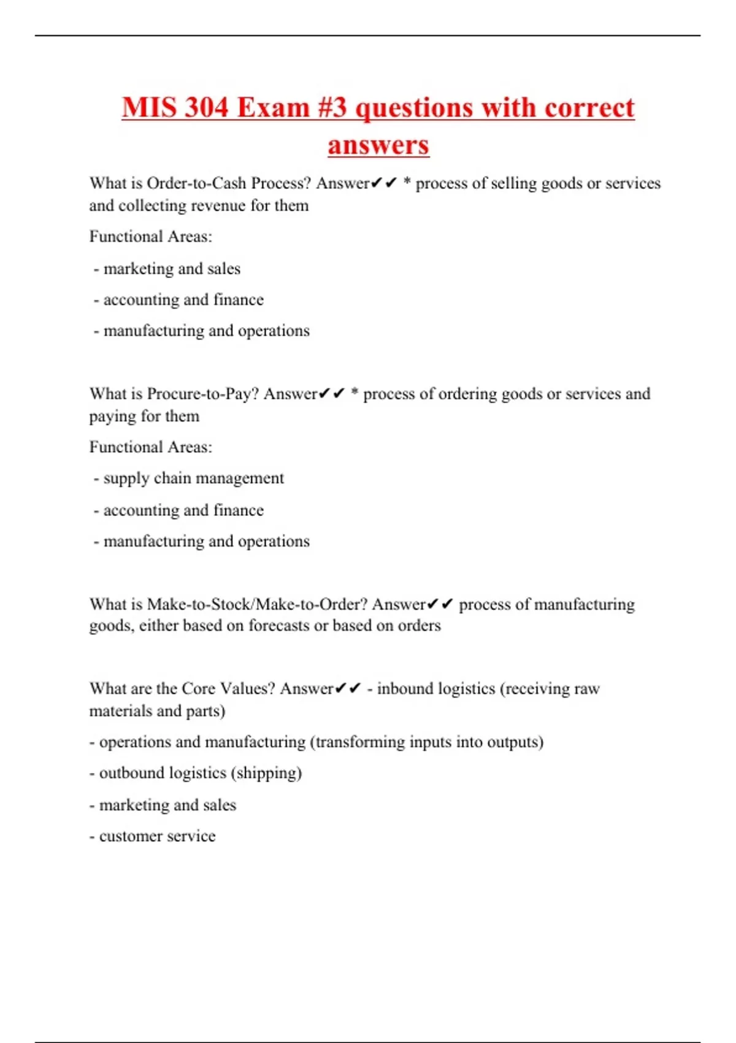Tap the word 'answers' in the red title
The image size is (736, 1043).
tap(378, 145)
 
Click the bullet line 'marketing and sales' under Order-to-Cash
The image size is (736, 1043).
tap(171, 269)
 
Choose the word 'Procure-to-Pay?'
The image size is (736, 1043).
tap(203, 394)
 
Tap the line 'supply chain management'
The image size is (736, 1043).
tap(193, 478)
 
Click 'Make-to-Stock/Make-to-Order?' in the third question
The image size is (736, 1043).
tap(257, 604)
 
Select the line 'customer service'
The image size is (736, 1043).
tap(157, 836)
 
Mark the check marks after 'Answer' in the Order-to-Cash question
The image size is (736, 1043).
tap(384, 183)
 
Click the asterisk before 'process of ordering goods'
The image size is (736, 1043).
tap(355, 394)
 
